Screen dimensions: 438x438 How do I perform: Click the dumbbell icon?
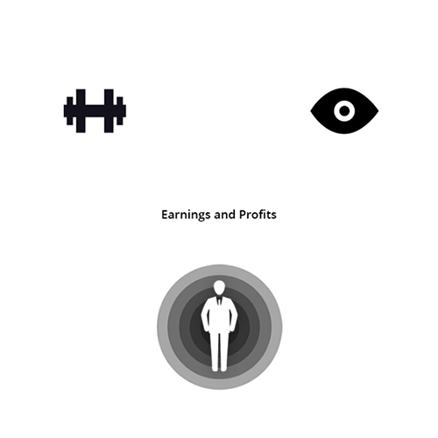pos(95,111)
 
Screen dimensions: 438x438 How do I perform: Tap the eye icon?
pos(344,111)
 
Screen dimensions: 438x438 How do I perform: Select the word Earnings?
pos(187,215)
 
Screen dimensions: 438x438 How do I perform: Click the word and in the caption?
pos(225,215)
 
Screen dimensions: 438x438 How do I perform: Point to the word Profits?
pos(258,215)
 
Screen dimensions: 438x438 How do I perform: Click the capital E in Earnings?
pos(164,215)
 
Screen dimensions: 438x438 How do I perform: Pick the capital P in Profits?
pos(243,215)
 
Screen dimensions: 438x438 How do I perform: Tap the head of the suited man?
pos(219,287)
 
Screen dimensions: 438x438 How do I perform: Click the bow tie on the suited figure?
pos(219,300)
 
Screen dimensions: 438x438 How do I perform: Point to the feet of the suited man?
pos(219,370)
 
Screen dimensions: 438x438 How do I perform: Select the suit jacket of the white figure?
pos(219,314)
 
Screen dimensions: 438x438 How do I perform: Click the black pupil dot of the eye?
pos(344,111)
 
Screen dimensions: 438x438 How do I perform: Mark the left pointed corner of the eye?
pos(311,111)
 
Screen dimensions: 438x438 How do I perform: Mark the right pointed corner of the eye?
pos(378,111)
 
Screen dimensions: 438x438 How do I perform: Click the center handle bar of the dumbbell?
pos(95,111)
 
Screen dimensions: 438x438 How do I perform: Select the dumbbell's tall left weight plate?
pos(81,111)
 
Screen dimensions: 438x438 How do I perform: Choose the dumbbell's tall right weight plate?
pos(109,111)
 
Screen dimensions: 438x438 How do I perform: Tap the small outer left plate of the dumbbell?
pos(70,111)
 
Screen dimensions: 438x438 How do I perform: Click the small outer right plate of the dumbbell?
pos(120,111)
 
